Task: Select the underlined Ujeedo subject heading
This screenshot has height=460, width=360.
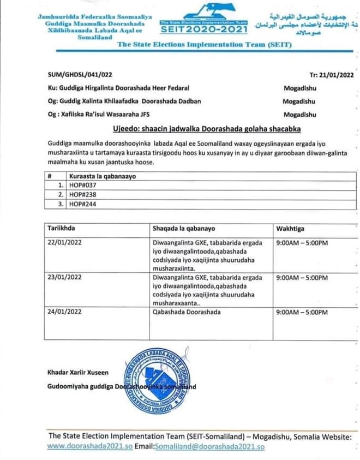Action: [206, 129]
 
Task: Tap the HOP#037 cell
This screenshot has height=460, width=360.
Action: [78, 186]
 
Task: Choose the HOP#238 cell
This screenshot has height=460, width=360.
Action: [78, 195]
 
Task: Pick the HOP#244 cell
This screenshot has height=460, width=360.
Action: [78, 204]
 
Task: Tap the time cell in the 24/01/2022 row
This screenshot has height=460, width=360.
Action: [302, 312]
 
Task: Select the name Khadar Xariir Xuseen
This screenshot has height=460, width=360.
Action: [77, 373]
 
